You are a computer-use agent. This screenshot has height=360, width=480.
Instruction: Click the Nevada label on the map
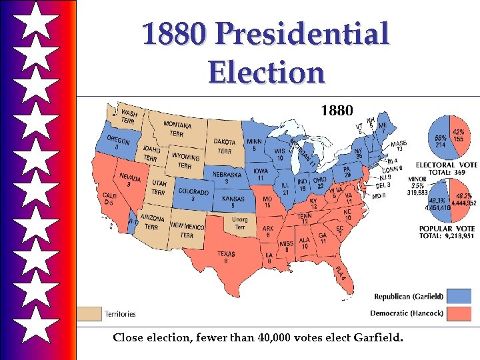(129, 181)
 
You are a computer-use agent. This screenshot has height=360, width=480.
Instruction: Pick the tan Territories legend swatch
(89, 313)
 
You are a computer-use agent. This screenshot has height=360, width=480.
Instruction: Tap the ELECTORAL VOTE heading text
(446, 165)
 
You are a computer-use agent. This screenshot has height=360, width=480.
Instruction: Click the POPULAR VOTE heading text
(446, 229)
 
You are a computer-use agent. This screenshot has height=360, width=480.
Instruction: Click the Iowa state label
(261, 174)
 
